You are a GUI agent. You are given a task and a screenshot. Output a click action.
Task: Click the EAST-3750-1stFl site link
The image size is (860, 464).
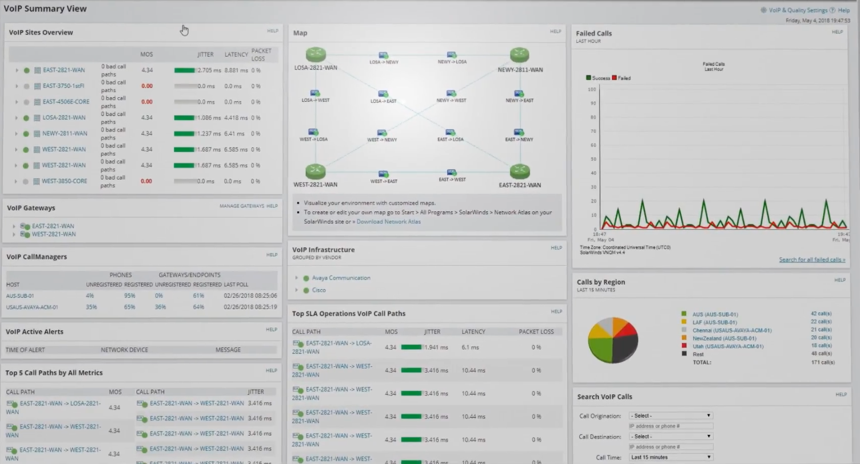pos(63,86)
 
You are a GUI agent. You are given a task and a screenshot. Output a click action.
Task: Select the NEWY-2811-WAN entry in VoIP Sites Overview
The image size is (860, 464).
pos(65,134)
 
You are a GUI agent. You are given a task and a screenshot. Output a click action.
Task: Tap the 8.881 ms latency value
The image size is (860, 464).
pos(235,70)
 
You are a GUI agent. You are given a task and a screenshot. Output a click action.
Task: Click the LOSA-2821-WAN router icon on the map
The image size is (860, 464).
pos(315,55)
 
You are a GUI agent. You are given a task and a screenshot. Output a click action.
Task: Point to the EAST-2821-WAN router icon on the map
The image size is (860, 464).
pos(520,171)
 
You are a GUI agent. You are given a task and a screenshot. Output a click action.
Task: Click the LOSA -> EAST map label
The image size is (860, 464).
pos(383,101)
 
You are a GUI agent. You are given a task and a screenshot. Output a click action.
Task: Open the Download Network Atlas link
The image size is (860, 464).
pos(388,222)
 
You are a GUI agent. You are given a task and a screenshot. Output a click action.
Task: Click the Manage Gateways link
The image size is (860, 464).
pos(242,206)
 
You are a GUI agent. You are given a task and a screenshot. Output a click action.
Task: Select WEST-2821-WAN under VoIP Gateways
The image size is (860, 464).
pos(54,234)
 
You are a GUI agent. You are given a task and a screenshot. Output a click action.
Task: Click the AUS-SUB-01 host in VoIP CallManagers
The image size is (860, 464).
pos(21,296)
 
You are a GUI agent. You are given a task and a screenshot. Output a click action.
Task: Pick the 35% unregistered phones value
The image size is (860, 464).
pos(91,307)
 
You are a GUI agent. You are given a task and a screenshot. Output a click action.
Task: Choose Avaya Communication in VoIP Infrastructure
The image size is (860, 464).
pos(341,278)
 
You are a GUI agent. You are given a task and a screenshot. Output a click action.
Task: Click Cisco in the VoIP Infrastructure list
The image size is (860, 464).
pos(318,290)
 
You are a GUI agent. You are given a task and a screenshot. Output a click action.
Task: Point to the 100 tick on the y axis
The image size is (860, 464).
pos(592,89)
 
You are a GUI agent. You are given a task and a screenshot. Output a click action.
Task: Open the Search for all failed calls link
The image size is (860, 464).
pos(812,260)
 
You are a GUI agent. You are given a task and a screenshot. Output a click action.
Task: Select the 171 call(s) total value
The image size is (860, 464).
pos(823,362)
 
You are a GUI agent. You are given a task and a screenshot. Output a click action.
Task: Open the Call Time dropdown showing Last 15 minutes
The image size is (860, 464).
pos(671,457)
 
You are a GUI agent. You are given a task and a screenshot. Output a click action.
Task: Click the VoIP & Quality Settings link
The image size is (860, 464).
pos(798,10)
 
